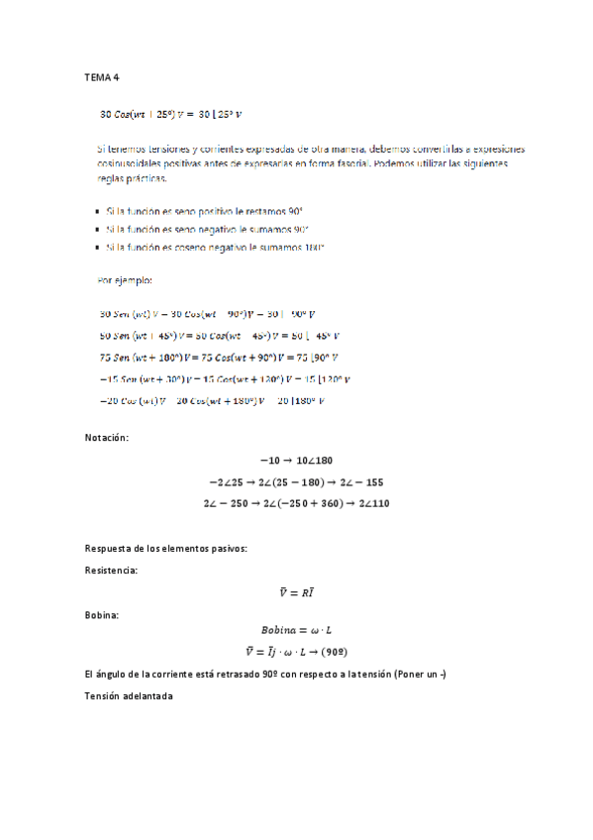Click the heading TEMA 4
click(x=102, y=77)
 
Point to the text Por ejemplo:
click(x=125, y=280)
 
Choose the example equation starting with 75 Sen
click(x=220, y=358)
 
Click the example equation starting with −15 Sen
click(x=226, y=379)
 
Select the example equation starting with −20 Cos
click(x=214, y=400)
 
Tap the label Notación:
click(x=107, y=436)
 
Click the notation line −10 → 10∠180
click(x=296, y=461)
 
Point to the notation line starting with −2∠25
click(x=296, y=481)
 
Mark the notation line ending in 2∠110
click(x=296, y=503)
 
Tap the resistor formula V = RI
click(x=296, y=592)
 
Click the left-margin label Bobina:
click(x=102, y=615)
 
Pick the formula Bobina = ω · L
click(x=296, y=630)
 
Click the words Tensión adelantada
click(x=130, y=696)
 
